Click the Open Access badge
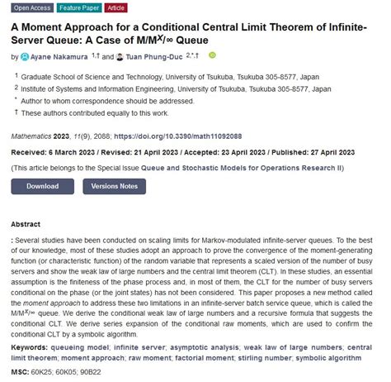coord(30,7)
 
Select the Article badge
coord(115,7)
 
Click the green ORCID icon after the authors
coord(213,56)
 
